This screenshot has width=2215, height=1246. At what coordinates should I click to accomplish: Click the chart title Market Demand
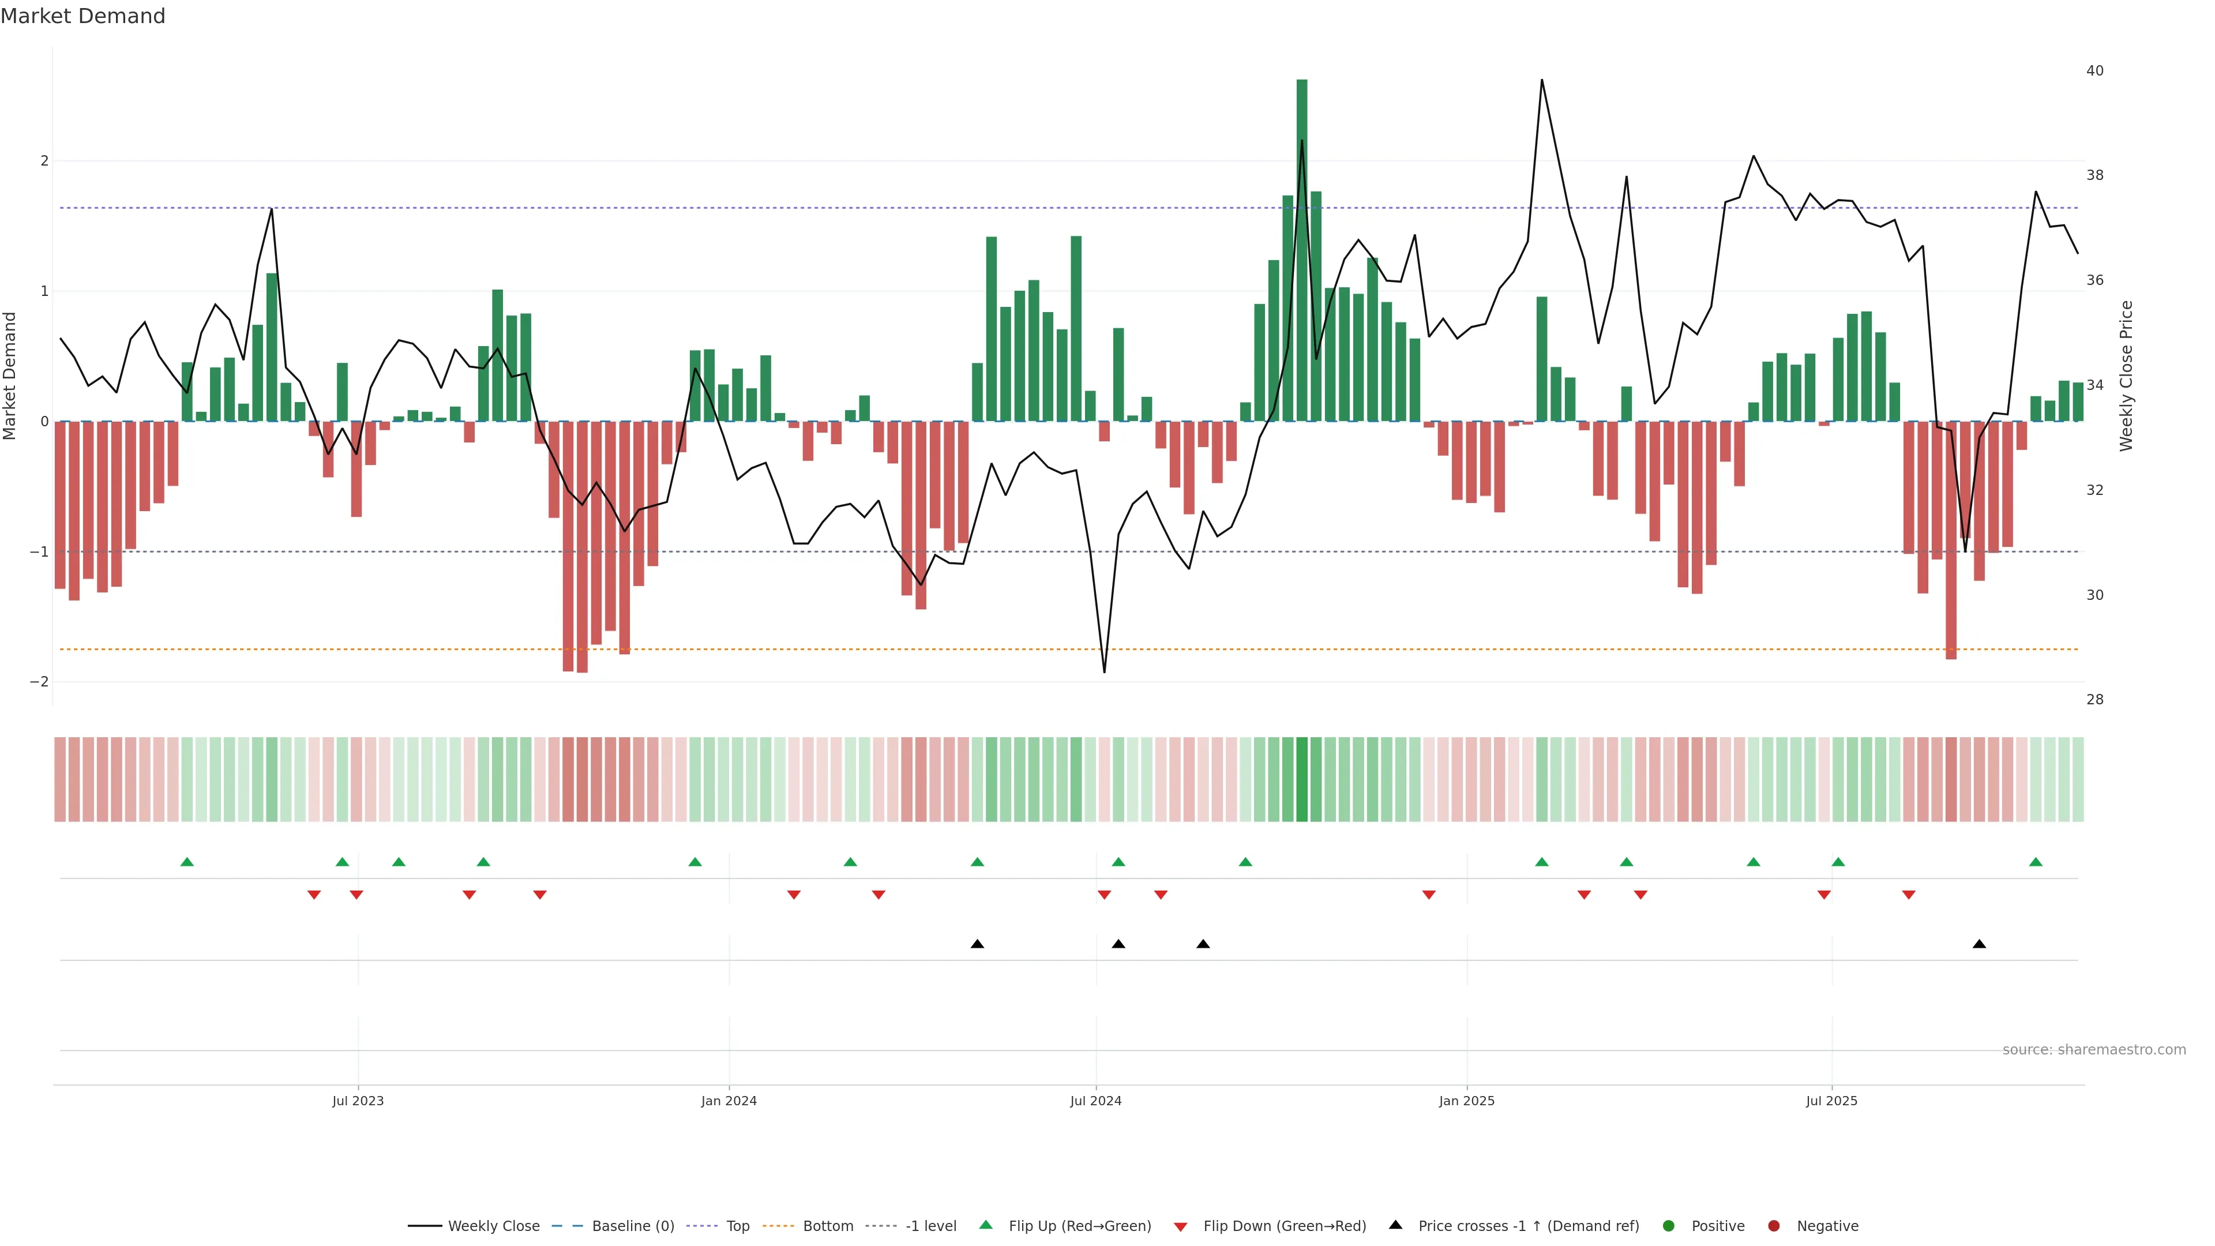tap(82, 16)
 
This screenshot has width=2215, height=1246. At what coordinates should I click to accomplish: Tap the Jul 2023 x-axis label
tap(358, 1101)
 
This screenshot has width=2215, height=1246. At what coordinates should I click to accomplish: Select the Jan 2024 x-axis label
tap(729, 1101)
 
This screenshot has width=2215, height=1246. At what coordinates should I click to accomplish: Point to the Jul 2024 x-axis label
tap(1095, 1101)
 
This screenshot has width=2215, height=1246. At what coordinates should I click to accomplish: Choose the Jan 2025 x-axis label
tap(1466, 1101)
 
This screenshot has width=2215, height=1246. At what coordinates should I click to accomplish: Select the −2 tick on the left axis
tap(40, 682)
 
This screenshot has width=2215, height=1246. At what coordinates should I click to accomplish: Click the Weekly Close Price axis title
tap(2126, 376)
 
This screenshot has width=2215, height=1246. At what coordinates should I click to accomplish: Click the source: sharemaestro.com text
tap(2094, 1050)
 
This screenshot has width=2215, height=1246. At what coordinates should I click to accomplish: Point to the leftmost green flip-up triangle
tap(186, 862)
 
